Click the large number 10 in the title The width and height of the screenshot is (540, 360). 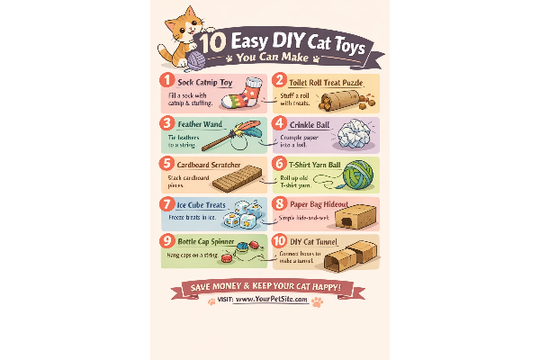coord(211,43)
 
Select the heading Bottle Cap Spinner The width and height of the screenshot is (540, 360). coord(209,242)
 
